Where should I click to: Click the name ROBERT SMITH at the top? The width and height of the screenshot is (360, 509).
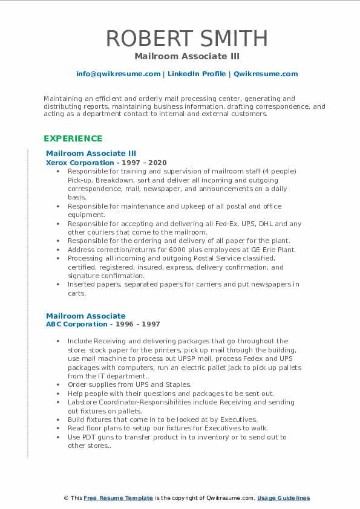(186, 38)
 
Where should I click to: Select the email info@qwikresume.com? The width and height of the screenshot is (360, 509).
(118, 74)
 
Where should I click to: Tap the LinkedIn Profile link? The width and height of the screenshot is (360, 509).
(195, 74)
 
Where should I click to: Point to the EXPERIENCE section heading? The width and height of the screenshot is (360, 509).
(73, 138)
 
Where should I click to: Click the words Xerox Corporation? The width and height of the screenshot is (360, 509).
(80, 163)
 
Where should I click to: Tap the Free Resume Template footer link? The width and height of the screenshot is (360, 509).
(118, 498)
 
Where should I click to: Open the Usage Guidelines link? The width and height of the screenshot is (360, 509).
(284, 498)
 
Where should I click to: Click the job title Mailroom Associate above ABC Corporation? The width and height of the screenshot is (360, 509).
(85, 316)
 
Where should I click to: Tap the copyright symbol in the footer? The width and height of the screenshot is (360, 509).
(67, 498)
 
